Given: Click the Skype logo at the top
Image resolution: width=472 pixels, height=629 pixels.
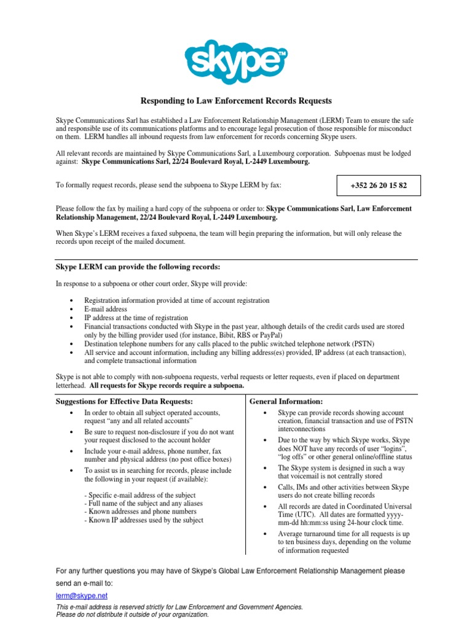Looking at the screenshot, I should [x=236, y=60].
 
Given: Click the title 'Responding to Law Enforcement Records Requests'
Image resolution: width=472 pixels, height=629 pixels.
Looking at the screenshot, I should [x=237, y=101].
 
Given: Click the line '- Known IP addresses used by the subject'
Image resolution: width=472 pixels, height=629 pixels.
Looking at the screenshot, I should [x=144, y=520].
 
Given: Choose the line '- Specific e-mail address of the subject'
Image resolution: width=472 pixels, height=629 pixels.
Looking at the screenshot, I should [x=140, y=495].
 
